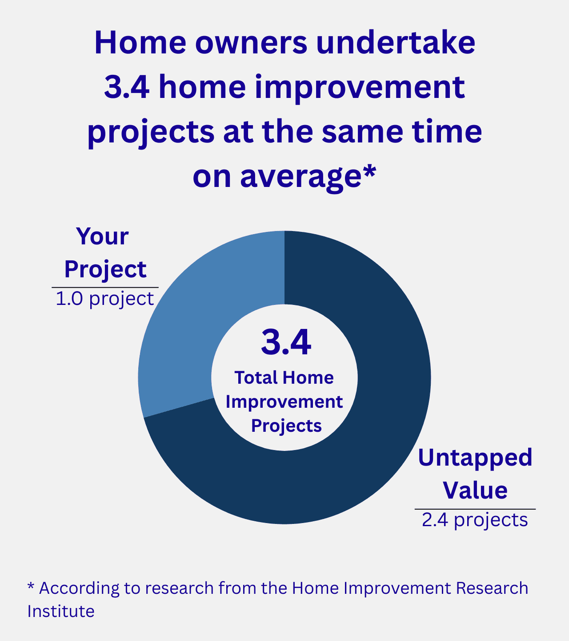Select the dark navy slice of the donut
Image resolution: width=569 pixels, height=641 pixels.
pos(378,401)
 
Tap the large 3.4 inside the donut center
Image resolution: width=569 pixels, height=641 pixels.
pos(286,343)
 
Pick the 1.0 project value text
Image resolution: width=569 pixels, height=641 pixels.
pos(105,299)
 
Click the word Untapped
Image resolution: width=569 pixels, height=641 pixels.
pos(475,458)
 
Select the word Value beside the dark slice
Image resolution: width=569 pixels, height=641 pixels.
pos(475,490)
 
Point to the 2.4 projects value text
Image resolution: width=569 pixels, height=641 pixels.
pos(475,519)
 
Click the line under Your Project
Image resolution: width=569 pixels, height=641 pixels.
pos(105,288)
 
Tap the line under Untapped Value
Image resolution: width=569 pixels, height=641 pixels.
pos(475,508)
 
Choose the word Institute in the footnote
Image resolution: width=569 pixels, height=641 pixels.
pos(61,611)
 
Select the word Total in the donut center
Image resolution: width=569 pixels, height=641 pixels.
pos(256,377)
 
